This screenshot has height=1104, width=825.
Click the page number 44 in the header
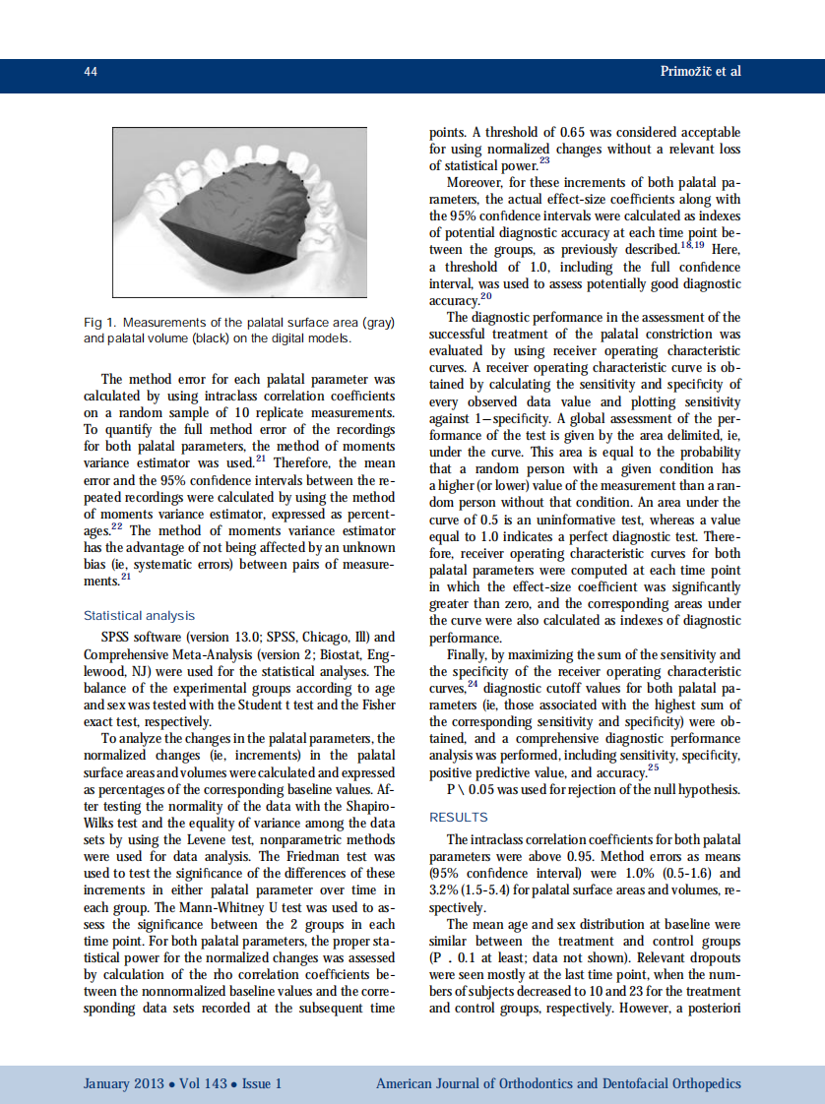point(90,72)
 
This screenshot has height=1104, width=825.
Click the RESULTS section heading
point(458,817)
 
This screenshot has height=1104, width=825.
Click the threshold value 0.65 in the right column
point(576,132)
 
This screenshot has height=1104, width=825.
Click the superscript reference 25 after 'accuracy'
point(654,767)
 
